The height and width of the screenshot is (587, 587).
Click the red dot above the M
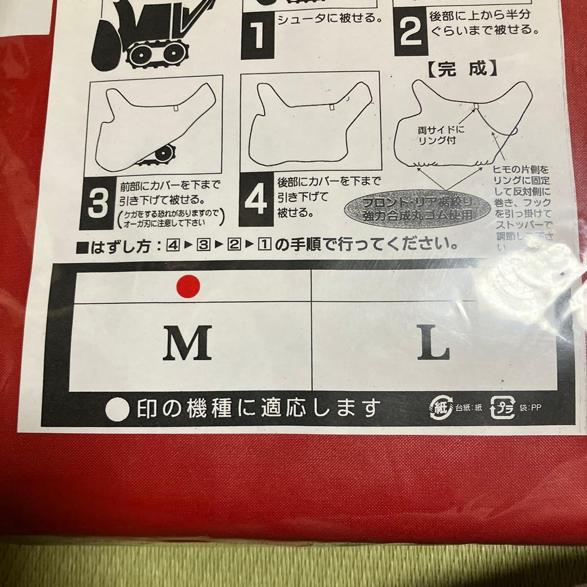point(188,285)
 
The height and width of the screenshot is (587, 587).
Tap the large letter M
point(188,345)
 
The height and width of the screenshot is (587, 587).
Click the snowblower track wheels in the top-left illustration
point(155,53)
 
